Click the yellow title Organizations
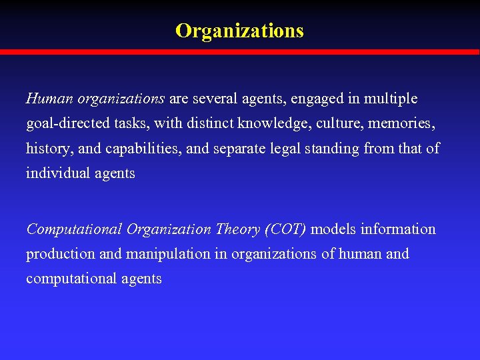pos(239,31)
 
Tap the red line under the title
pos(240,52)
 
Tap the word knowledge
pos(271,124)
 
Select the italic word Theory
pos(238,229)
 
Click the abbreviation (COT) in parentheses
pos(285,229)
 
